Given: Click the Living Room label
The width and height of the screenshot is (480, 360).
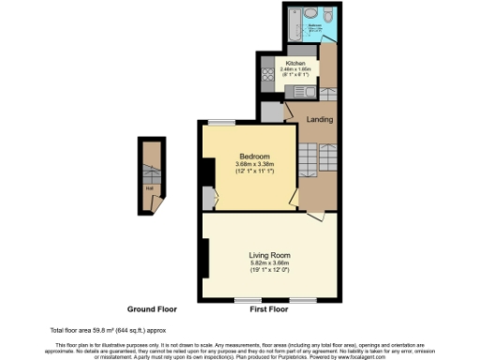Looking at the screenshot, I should (268, 254).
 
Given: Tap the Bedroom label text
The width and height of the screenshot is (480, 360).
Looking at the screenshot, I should (254, 156).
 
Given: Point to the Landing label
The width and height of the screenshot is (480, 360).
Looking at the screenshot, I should (321, 119).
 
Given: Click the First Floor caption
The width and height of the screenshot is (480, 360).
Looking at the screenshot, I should (268, 307).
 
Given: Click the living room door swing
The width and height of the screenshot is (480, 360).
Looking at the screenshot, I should (313, 215).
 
